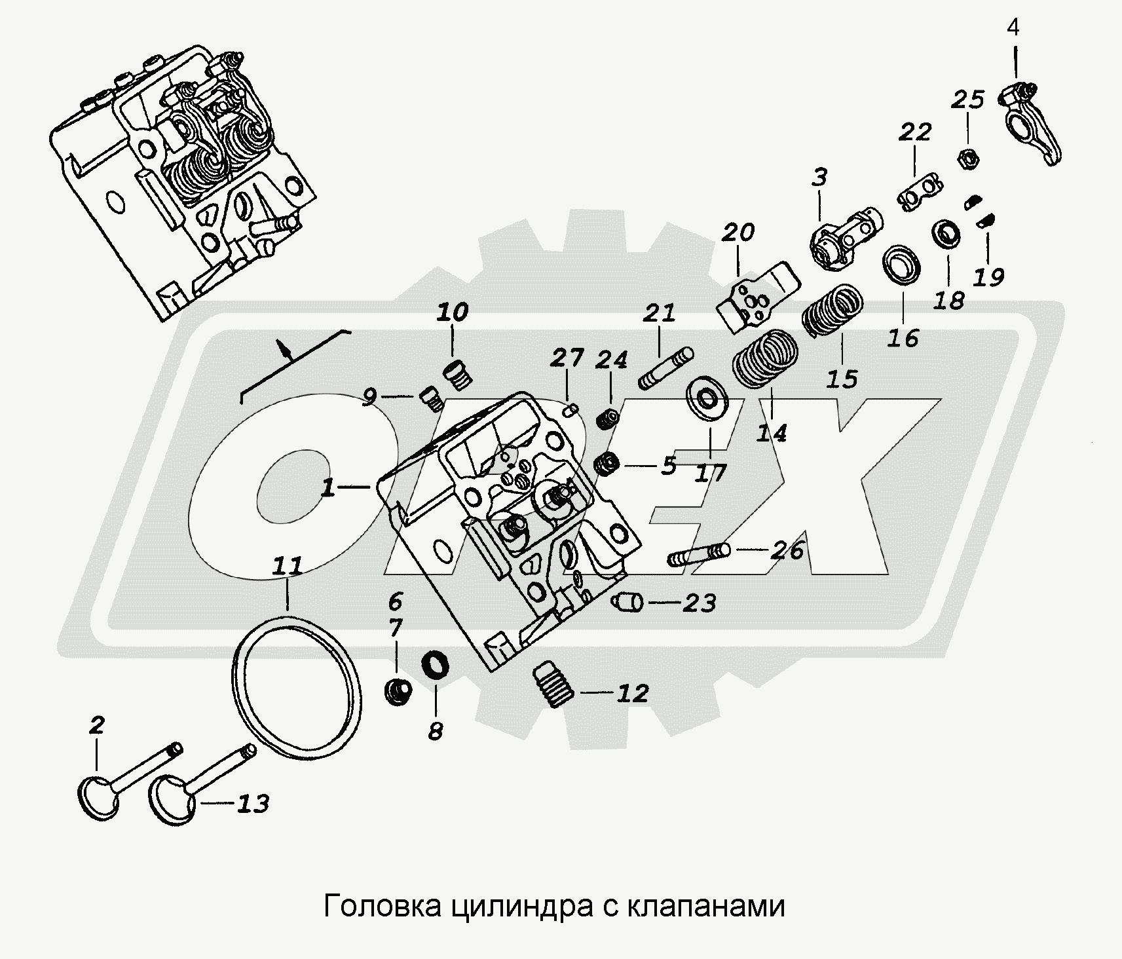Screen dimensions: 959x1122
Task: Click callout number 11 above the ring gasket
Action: (288, 565)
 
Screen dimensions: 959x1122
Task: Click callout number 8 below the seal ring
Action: (435, 731)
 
